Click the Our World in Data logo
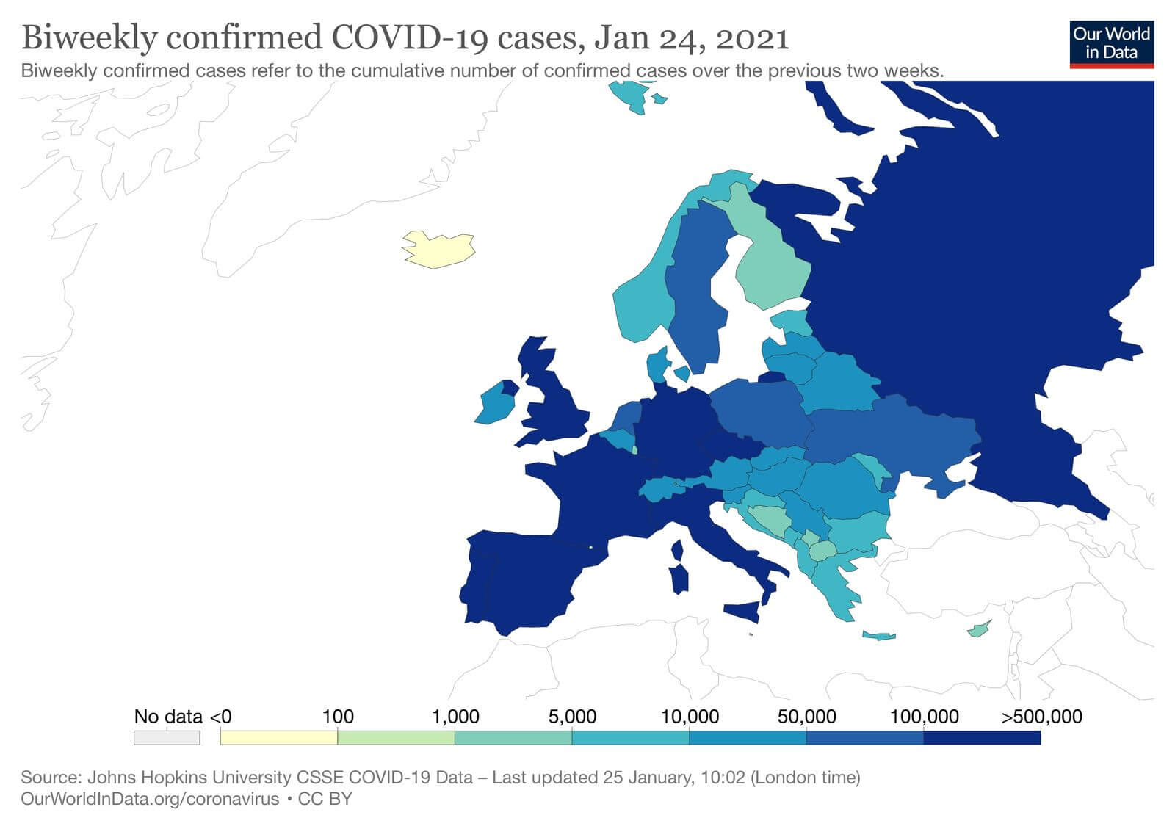pos(1111,43)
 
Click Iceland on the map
pos(438,249)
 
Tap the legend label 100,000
pos(924,717)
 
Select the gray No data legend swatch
pos(167,737)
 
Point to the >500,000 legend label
pos(1041,717)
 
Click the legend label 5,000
pos(572,717)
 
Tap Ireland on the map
pos(495,405)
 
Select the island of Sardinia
pos(679,576)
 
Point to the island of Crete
pos(878,635)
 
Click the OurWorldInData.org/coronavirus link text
pos(150,799)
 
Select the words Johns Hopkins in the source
pos(139,777)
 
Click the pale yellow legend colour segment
pos(279,737)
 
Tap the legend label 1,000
pos(455,717)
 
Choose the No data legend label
pos(167,717)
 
